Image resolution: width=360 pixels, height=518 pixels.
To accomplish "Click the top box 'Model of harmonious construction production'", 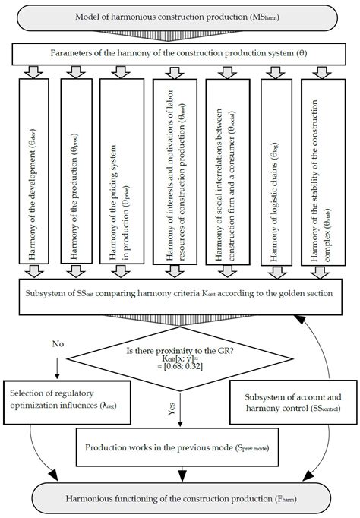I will coord(180,17).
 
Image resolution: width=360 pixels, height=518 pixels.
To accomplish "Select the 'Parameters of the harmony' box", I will coord(180,54).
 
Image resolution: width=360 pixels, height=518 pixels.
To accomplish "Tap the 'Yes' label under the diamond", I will coord(173,411).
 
